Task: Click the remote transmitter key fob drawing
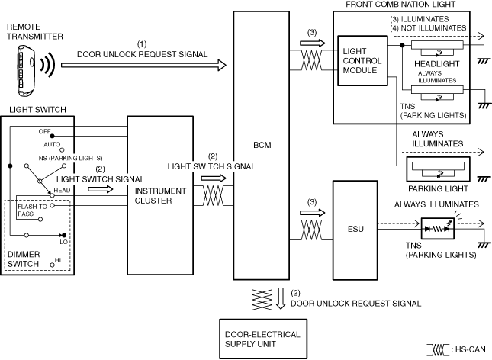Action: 26,71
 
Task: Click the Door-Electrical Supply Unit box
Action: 263,339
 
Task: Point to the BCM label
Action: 262,145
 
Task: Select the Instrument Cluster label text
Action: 160,196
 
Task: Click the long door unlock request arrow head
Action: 222,66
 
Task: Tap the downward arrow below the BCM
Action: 281,298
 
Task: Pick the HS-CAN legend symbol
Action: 438,350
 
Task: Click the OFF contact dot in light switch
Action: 52,136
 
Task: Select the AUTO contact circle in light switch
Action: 62,150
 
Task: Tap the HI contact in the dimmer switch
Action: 52,265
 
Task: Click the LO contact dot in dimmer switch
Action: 64,235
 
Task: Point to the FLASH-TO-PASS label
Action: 33,211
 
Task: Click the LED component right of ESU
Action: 437,229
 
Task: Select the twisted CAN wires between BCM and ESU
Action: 311,230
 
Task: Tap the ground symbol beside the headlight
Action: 484,61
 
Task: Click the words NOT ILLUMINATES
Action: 433,28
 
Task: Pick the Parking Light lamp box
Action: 438,169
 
